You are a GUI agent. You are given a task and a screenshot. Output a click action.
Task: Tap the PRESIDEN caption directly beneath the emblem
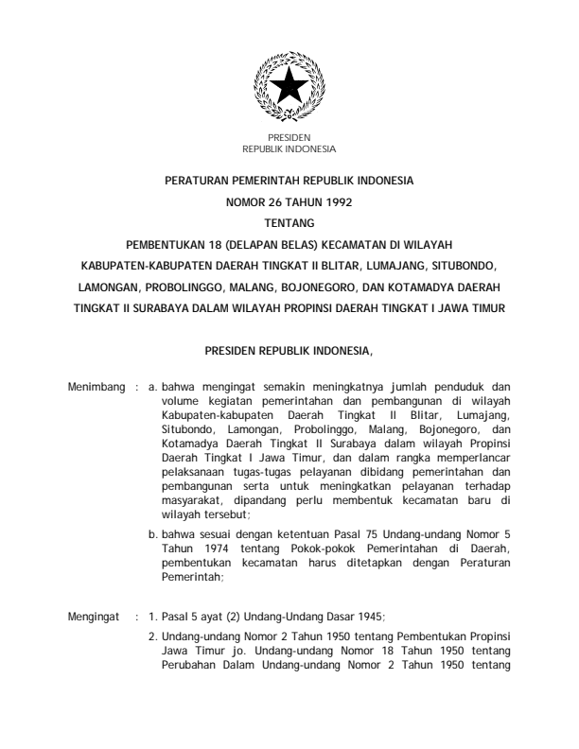pos(289,138)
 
